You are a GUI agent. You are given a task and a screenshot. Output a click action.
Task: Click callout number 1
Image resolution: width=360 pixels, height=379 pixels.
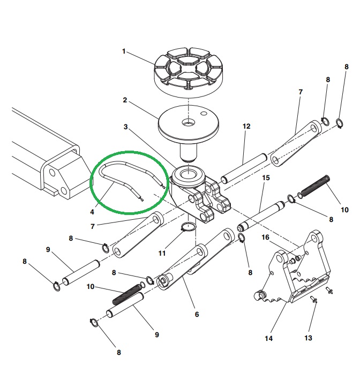(124, 51)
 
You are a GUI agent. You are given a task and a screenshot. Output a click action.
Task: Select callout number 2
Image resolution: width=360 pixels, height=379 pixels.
(125, 100)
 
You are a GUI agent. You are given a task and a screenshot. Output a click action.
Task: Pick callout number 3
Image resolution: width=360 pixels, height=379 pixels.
(125, 127)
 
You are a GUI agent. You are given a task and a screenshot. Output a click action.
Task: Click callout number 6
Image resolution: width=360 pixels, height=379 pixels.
(197, 314)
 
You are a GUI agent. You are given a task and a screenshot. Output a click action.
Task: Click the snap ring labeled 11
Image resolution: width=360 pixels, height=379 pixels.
(187, 228)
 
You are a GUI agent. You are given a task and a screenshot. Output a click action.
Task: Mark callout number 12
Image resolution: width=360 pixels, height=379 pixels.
(246, 127)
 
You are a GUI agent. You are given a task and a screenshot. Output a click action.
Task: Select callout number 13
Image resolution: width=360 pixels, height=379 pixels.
(307, 338)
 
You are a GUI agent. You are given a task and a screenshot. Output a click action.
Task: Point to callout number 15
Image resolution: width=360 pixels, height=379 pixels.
(265, 177)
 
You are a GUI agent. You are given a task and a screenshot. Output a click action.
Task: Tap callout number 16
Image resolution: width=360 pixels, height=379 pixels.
(265, 237)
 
